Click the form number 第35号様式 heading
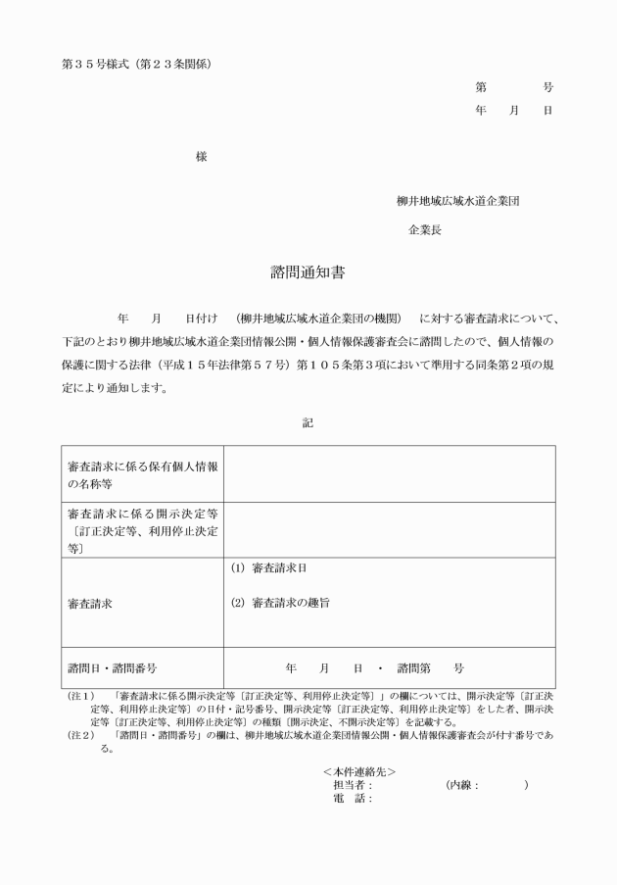coord(135,65)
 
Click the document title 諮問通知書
coord(308,271)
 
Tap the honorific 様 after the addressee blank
coord(201,157)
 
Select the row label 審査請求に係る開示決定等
coord(142,530)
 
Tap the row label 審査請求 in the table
coord(90,603)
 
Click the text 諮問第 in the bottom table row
coord(413,667)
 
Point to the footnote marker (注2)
coord(80,734)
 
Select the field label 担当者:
coord(353,784)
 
